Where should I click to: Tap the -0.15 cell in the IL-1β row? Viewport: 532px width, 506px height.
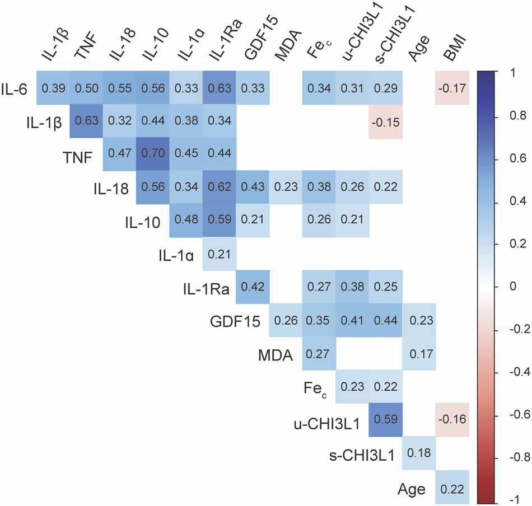(x=386, y=120)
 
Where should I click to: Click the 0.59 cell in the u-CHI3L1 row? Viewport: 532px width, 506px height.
(x=386, y=418)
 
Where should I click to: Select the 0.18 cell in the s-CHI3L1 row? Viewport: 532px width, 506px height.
(x=419, y=451)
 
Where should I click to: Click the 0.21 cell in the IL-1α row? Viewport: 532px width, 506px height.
(x=220, y=253)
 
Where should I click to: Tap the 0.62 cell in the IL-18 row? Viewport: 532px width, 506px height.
(x=220, y=186)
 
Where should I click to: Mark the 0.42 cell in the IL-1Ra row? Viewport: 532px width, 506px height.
(x=253, y=286)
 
